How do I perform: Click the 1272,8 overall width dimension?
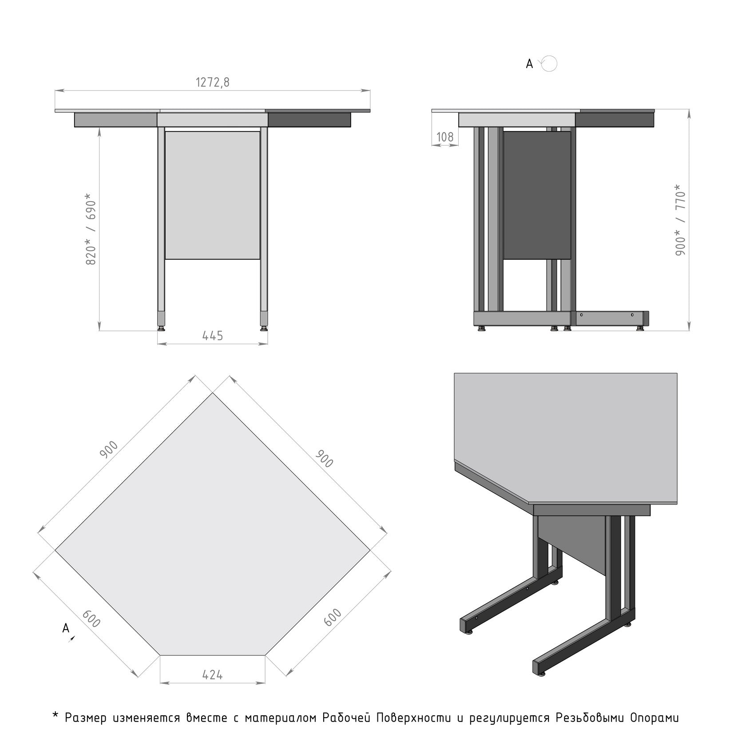[213, 83]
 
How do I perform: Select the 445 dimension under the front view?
[213, 336]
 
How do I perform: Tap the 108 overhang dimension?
[445, 137]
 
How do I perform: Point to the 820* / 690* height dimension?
[91, 229]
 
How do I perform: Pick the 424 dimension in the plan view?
[212, 675]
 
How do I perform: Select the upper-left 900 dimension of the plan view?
[109, 450]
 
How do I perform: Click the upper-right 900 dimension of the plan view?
[324, 459]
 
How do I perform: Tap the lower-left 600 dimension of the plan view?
[91, 619]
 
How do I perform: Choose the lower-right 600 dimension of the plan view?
[333, 618]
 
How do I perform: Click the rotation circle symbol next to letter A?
[549, 64]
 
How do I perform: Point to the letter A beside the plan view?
[66, 628]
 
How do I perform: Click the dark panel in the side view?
[537, 195]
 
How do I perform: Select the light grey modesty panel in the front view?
[212, 195]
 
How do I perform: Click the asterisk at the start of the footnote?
[56, 715]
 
